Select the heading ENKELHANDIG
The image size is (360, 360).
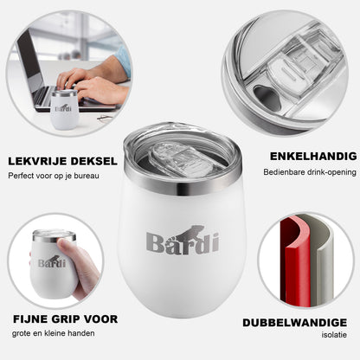[313, 157]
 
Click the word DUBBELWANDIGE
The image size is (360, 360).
[294, 323]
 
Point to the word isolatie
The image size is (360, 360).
[334, 335]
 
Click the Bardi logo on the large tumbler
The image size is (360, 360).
[183, 240]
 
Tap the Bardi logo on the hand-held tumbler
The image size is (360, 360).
[52, 262]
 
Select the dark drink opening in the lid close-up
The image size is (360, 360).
[267, 98]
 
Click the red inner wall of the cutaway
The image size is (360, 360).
[295, 261]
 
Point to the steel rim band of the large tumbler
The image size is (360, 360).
[183, 180]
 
